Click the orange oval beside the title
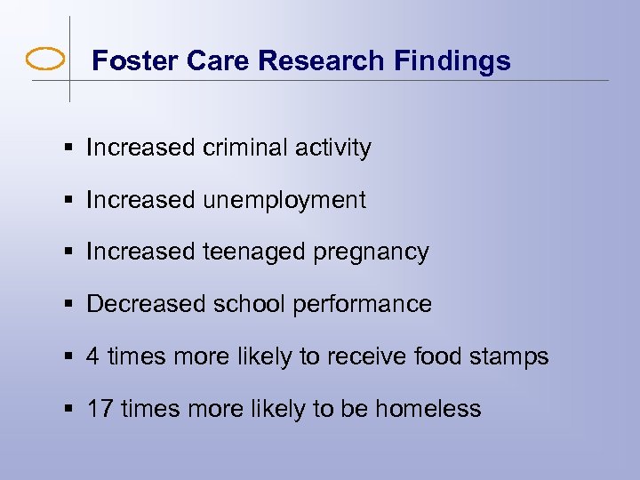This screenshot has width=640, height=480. click(x=45, y=60)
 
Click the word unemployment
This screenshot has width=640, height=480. click(x=284, y=200)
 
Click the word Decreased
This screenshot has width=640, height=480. click(x=146, y=304)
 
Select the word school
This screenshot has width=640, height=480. click(x=247, y=304)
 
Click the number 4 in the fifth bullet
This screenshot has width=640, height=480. click(x=92, y=356)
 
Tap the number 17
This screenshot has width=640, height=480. click(x=99, y=409)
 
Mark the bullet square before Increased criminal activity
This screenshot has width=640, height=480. click(x=69, y=148)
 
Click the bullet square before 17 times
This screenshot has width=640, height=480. click(x=69, y=410)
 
